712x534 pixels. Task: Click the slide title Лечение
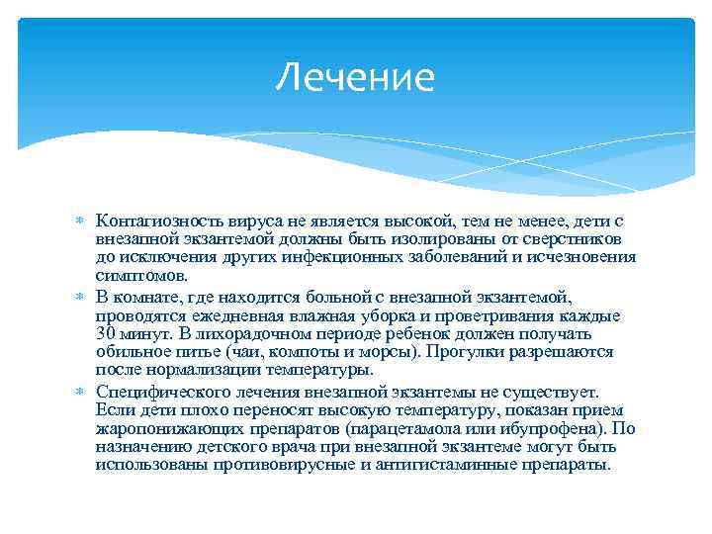click(x=355, y=77)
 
